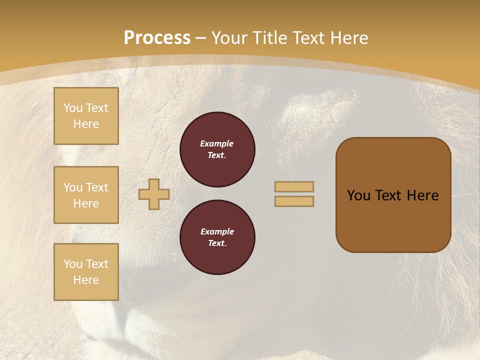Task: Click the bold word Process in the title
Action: [x=157, y=38]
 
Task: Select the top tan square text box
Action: [x=86, y=116]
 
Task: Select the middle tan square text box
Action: [x=86, y=195]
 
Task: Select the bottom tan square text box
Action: [x=86, y=272]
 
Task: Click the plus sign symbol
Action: [x=154, y=194]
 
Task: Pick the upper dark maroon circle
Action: [x=217, y=149]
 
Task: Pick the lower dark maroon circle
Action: [x=217, y=237]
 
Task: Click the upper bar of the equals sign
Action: [x=294, y=186]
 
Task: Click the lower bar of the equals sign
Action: [x=294, y=201]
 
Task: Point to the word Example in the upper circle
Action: [x=217, y=143]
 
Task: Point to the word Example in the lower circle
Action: [x=217, y=231]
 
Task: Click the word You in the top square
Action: [x=73, y=108]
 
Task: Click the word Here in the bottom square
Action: [x=86, y=280]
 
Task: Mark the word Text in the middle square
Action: [x=96, y=187]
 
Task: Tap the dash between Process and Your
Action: [x=201, y=38]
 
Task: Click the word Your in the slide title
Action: [x=229, y=38]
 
